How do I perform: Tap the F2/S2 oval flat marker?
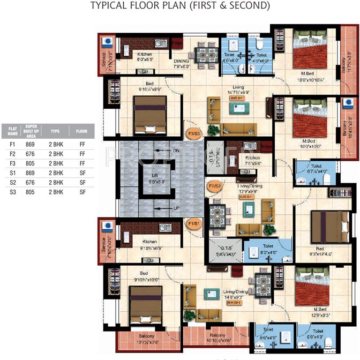pos(214,186)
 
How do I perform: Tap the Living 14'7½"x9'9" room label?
pos(238,90)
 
